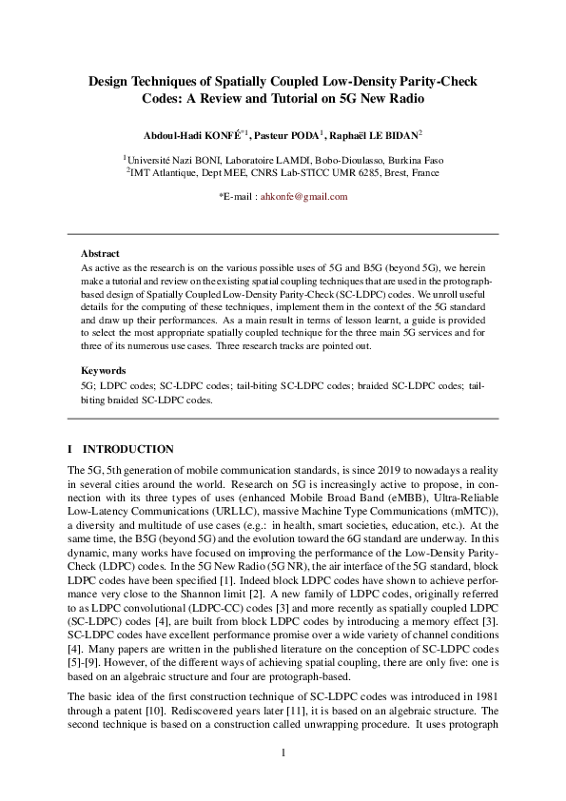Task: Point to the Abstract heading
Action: tap(100, 255)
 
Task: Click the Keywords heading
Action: tap(103, 369)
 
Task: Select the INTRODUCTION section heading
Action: tap(128, 449)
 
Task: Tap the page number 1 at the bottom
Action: tap(283, 753)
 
